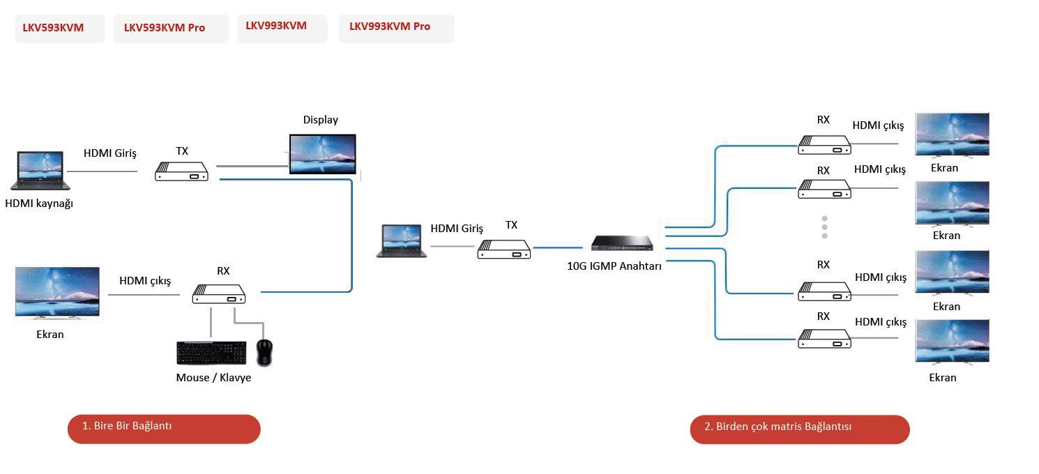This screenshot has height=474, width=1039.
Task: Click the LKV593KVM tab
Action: point(60,28)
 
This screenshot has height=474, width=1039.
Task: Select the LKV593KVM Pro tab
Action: point(171,28)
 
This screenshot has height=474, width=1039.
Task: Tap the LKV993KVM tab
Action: point(282,26)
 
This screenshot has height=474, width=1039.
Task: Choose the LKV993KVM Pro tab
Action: point(396,27)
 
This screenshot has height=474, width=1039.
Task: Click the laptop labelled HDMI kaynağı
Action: point(39,171)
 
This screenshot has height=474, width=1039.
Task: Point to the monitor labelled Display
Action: point(323,154)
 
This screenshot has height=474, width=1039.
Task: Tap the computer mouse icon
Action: point(264,353)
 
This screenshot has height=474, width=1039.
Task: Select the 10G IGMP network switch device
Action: point(622,243)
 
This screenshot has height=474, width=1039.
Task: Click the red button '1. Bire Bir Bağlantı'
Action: point(164,429)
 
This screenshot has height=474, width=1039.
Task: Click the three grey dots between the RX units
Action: point(824,227)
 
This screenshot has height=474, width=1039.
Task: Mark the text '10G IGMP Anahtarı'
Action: point(614,265)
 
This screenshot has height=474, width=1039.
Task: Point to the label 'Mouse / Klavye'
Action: point(213,378)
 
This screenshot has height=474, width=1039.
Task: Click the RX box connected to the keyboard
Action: point(219,294)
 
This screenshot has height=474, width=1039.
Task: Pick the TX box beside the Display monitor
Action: point(182,171)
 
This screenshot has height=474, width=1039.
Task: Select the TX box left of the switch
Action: point(504,249)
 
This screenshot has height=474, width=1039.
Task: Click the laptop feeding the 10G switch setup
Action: point(401,241)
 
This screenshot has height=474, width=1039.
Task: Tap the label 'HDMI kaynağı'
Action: point(39,204)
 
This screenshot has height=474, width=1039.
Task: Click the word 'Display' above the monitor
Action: point(321,120)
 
